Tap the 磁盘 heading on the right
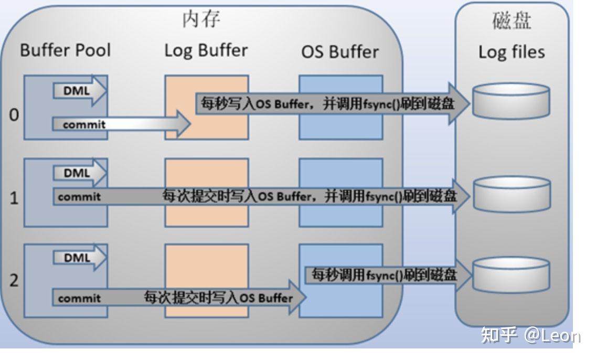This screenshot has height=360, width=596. pos(512,21)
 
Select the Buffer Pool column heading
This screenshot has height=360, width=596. pos(66,50)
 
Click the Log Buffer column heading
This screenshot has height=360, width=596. pos(206,50)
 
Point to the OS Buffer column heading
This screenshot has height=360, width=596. pos(339,51)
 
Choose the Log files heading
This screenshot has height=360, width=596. pos(512,52)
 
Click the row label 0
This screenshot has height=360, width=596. pos(14,115)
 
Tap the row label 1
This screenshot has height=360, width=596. pos(14,199)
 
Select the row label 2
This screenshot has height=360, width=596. pos(14,280)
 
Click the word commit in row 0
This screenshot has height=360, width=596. pos(84,125)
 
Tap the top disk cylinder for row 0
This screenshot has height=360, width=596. pos(511,101)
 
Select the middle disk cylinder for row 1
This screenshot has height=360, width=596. pos(511,195)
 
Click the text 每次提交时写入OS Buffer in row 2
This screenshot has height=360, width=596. pos(218,298)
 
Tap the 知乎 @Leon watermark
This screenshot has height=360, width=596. pos(530,335)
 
